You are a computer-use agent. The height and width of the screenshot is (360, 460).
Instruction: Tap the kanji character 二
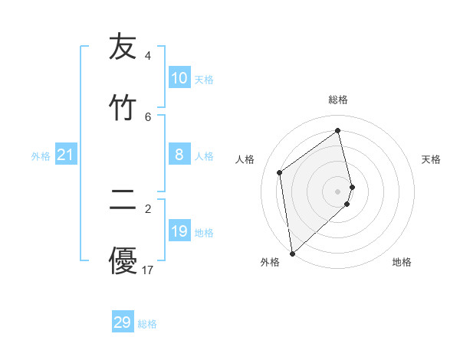point(123,201)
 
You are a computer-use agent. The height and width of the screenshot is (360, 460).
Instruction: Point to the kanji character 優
point(123,260)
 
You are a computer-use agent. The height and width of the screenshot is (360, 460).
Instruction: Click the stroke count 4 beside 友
point(147,56)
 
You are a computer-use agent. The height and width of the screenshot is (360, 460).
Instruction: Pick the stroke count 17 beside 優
point(148,270)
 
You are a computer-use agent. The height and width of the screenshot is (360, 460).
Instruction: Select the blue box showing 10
point(179,78)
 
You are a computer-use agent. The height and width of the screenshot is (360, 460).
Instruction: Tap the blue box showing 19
point(179,231)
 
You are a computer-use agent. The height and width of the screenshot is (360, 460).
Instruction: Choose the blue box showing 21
point(66,155)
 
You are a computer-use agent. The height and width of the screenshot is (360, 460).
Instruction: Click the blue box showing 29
point(123,322)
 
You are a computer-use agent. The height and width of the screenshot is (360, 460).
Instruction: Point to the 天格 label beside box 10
point(204,80)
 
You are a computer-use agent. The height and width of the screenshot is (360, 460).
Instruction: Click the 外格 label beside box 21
point(41,156)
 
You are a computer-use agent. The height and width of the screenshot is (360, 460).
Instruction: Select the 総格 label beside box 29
point(147,324)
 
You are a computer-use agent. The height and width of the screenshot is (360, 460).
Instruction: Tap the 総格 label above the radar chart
point(338,100)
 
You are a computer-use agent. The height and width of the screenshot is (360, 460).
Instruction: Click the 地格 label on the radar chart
point(402,262)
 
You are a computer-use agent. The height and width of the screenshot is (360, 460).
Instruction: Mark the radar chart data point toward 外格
point(292,254)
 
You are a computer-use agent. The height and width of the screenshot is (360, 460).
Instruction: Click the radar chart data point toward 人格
point(280,172)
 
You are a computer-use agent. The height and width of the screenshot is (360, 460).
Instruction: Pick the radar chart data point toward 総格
point(338,131)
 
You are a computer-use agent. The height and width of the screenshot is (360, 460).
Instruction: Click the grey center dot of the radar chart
point(338,191)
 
